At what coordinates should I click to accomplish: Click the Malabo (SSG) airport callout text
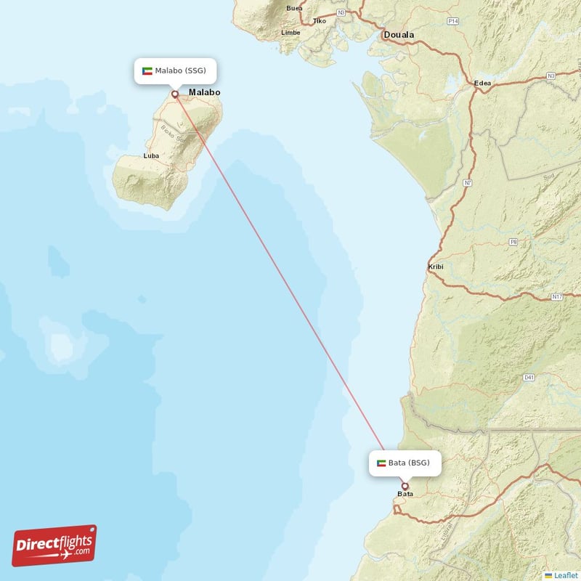click(x=181, y=70)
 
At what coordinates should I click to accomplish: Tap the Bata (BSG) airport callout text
click(x=409, y=463)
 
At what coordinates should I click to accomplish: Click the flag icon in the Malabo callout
click(x=147, y=70)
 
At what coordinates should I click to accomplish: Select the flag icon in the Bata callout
click(x=381, y=463)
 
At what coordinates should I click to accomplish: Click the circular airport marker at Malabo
click(x=175, y=94)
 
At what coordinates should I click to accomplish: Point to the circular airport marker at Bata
click(x=405, y=487)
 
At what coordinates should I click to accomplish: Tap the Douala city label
click(x=399, y=35)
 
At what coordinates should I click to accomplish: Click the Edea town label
click(x=482, y=83)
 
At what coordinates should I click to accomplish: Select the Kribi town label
click(x=436, y=267)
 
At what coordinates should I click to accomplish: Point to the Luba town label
click(x=152, y=156)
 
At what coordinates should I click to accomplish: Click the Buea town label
click(x=294, y=9)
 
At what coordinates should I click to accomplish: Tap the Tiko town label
click(x=320, y=21)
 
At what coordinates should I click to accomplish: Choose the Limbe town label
click(x=291, y=33)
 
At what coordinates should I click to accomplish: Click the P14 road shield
click(x=453, y=22)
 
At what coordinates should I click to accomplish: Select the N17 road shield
click(x=557, y=296)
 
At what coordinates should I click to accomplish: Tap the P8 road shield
click(x=513, y=241)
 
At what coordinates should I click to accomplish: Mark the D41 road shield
click(x=529, y=378)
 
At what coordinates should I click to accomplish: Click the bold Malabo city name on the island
click(x=205, y=93)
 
